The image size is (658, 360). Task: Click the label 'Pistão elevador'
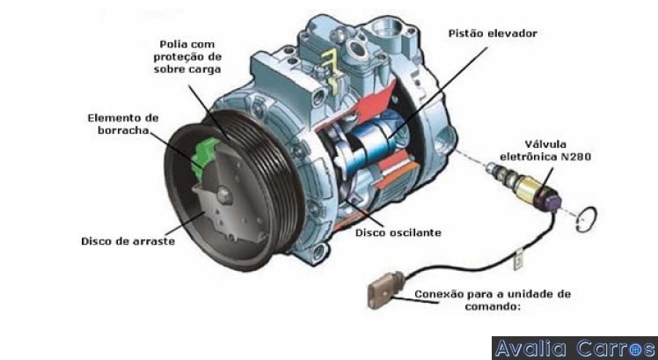pyautogui.click(x=493, y=33)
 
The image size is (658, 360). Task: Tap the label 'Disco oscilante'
pyautogui.click(x=398, y=232)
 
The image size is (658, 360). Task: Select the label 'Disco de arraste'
pyautogui.click(x=128, y=241)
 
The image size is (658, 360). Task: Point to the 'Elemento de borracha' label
pyautogui.click(x=123, y=124)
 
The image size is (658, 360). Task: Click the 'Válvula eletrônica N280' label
pyautogui.click(x=545, y=151)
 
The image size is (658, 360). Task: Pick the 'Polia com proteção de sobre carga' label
pyautogui.click(x=187, y=56)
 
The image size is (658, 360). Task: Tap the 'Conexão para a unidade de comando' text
pyautogui.click(x=493, y=300)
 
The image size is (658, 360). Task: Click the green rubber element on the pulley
pyautogui.click(x=204, y=157)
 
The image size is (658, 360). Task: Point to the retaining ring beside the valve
pyautogui.click(x=586, y=219)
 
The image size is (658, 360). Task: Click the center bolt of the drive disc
pyautogui.click(x=225, y=195)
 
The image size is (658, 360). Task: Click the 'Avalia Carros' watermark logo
pyautogui.click(x=574, y=349)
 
